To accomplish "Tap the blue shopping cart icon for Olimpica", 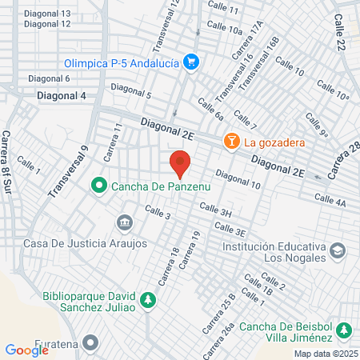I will point(190,61).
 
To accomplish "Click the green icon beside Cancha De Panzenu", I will point(99,186).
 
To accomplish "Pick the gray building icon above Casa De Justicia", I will point(124,221).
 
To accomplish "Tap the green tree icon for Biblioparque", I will point(146,300).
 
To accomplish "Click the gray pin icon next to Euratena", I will point(90,343).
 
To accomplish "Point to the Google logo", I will point(26,350).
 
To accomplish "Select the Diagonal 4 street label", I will point(62,96).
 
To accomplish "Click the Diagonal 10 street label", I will point(238,181).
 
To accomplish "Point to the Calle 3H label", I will point(215,212).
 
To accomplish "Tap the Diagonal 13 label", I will point(47,14).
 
